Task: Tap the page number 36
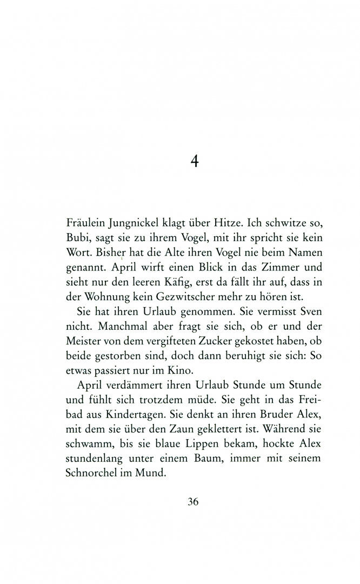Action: click(x=193, y=501)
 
